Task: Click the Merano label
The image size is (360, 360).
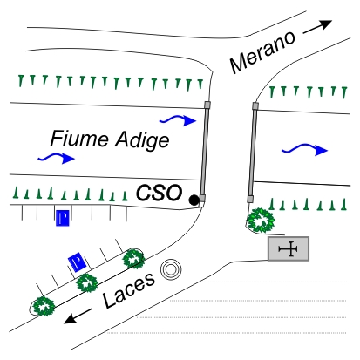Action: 262,51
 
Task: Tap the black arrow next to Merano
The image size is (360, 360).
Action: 317,27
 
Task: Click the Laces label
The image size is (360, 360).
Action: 129,290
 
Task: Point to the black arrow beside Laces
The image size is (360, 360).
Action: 77,316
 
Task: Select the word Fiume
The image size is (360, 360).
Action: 79,138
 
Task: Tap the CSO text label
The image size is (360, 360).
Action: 159,193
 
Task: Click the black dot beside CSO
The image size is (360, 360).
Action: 194,200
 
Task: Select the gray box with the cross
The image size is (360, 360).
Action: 289,248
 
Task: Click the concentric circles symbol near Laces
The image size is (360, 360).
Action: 171,269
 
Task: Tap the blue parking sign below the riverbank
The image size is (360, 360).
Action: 63,218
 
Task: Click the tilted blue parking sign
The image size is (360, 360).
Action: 77,262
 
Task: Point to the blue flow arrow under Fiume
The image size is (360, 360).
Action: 57,158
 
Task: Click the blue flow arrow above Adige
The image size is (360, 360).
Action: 178,119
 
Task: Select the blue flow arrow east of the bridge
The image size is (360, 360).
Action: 305,149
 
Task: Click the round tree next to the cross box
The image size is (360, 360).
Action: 261,221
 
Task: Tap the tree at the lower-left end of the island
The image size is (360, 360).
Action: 44,306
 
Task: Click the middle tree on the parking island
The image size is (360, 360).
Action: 87,282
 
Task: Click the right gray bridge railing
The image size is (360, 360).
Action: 253,153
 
